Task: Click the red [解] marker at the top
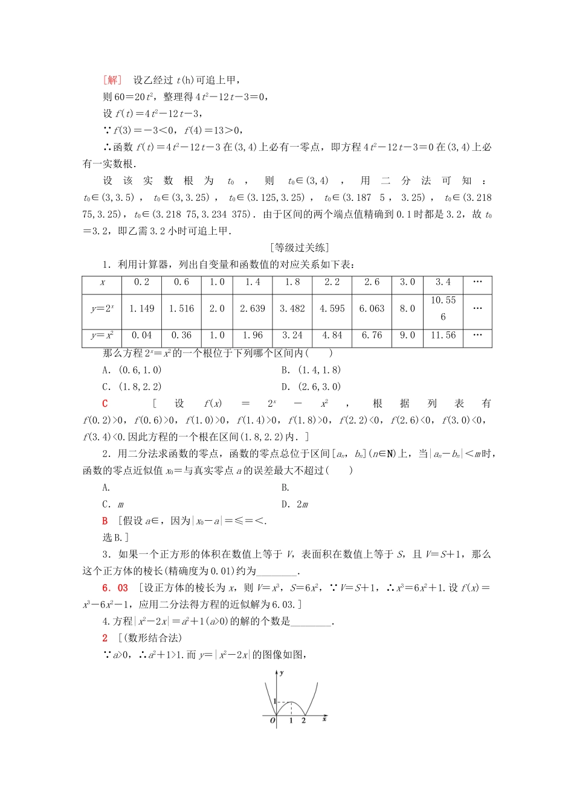pos(112,80)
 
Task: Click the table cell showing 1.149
pos(142,308)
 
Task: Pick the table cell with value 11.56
pos(443,336)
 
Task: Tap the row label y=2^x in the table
pos(102,308)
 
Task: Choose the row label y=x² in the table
pos(102,336)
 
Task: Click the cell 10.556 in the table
pos(443,308)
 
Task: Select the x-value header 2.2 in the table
pos(332,282)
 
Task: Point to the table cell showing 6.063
pos(372,308)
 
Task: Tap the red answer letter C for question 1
pos(105,404)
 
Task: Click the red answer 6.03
pos(115,588)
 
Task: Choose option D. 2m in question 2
pos(295,504)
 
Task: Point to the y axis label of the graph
pos(282,672)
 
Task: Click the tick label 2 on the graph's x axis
pos(303,720)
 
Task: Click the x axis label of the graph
pos(324,719)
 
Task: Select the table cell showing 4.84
pos(332,336)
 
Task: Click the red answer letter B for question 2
pos(105,521)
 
